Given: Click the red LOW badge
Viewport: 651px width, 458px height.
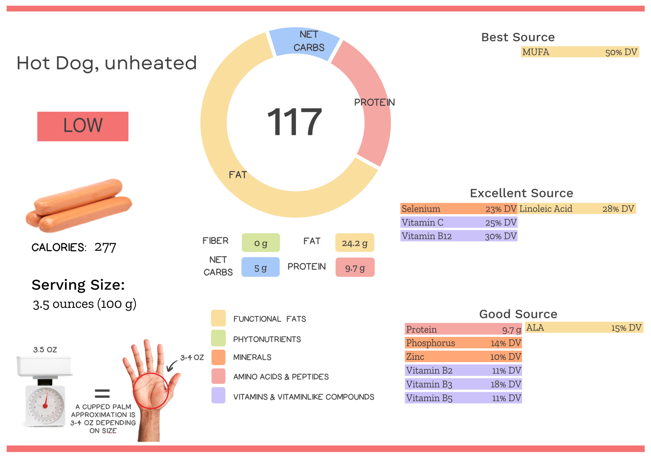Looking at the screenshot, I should click(x=83, y=126).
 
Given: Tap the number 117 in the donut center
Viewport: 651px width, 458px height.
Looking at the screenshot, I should click(x=295, y=122).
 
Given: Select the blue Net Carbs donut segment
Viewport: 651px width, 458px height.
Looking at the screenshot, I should click(x=304, y=43).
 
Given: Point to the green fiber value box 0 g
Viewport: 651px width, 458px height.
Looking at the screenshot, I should click(x=261, y=243).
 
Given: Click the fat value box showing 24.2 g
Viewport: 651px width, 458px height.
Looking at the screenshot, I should click(x=354, y=243).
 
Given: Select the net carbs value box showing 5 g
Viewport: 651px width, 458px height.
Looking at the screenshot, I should click(x=260, y=267).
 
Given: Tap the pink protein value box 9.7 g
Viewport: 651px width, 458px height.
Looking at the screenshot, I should click(x=355, y=268).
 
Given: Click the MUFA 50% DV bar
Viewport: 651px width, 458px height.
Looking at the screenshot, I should click(x=579, y=52).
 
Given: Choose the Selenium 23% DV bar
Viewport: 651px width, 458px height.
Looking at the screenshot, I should click(x=458, y=209).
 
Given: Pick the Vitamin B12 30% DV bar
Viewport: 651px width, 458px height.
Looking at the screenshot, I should click(x=458, y=236).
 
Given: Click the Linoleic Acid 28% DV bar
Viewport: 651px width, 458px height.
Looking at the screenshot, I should click(x=577, y=209).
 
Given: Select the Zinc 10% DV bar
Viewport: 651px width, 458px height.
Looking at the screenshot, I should click(x=463, y=357).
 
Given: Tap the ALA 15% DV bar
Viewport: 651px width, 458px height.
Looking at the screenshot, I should click(x=584, y=328).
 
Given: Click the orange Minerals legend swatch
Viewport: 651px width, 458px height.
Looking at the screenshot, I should click(x=218, y=357).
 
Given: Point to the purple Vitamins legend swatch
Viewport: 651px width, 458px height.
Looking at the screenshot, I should click(x=218, y=395).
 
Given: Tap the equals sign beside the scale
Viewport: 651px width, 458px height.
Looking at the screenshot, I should click(x=102, y=394).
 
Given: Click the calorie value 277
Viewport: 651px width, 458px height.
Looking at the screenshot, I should click(x=105, y=247).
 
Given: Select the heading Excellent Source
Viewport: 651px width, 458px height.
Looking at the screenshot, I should click(x=521, y=193).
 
